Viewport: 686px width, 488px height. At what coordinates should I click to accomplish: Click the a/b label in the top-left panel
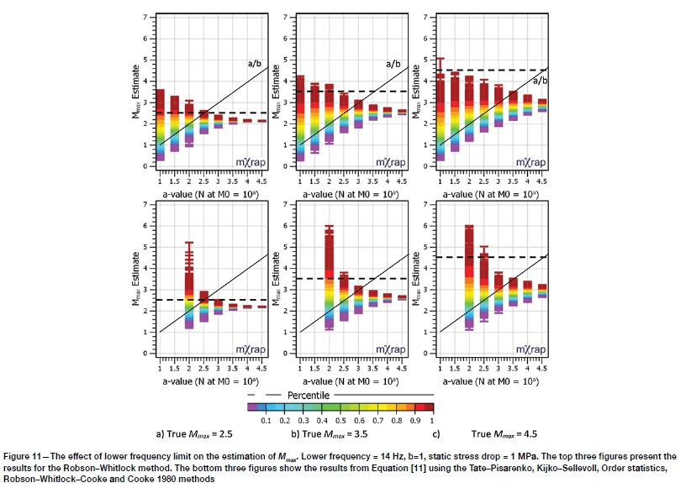click(x=255, y=63)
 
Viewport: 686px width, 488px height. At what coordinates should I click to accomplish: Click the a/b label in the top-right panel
click(x=542, y=80)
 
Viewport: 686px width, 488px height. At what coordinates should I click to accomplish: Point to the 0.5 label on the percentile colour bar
click(x=340, y=418)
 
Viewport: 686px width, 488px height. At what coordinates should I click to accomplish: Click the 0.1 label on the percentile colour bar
click(x=266, y=418)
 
